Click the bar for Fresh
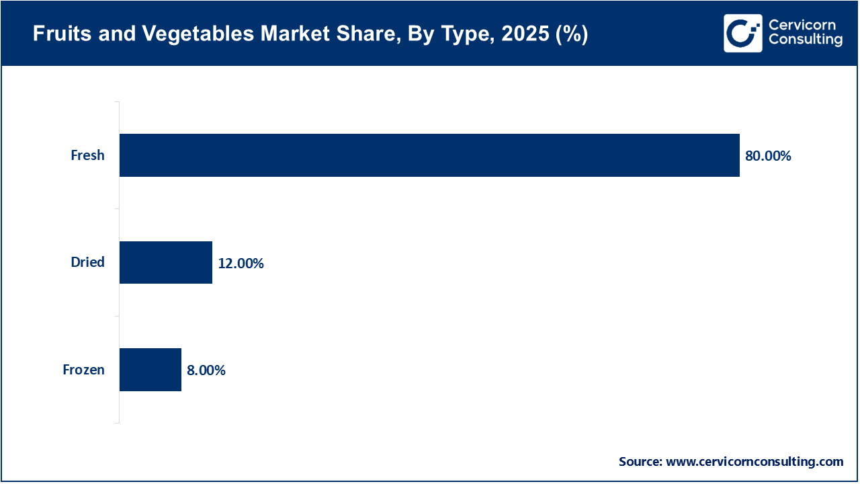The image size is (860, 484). click(x=429, y=155)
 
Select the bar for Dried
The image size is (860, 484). click(x=166, y=262)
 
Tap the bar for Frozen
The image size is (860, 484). click(x=150, y=370)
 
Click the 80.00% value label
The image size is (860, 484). click(x=768, y=156)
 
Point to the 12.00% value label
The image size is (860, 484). click(x=241, y=264)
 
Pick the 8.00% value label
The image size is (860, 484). click(x=206, y=370)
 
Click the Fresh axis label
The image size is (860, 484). click(x=87, y=155)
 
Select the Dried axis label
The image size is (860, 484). click(x=87, y=262)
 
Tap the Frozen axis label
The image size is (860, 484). click(x=83, y=370)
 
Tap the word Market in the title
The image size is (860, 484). click(x=285, y=35)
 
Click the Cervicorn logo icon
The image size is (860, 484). click(x=742, y=33)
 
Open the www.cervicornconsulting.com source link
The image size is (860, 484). click(x=754, y=462)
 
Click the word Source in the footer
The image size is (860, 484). click(x=640, y=462)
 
